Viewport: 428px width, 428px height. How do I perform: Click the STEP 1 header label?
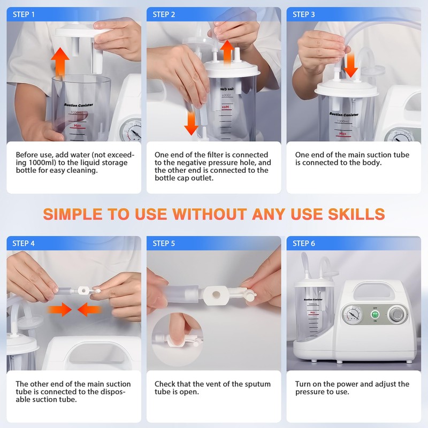point(24,14)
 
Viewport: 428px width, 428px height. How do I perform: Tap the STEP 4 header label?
point(24,243)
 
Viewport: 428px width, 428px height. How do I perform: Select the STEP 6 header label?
point(304,243)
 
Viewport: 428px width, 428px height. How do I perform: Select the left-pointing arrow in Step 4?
point(89,309)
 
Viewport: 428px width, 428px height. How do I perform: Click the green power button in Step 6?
point(375,314)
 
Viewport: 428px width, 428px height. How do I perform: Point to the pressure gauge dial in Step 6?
point(351,314)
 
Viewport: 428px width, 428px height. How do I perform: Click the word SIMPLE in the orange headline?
point(73,214)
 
